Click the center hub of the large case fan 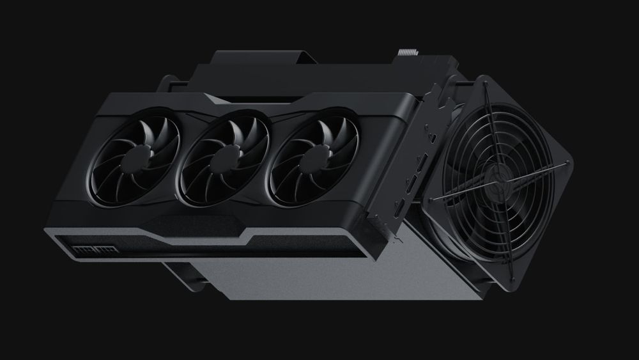[500, 175]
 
